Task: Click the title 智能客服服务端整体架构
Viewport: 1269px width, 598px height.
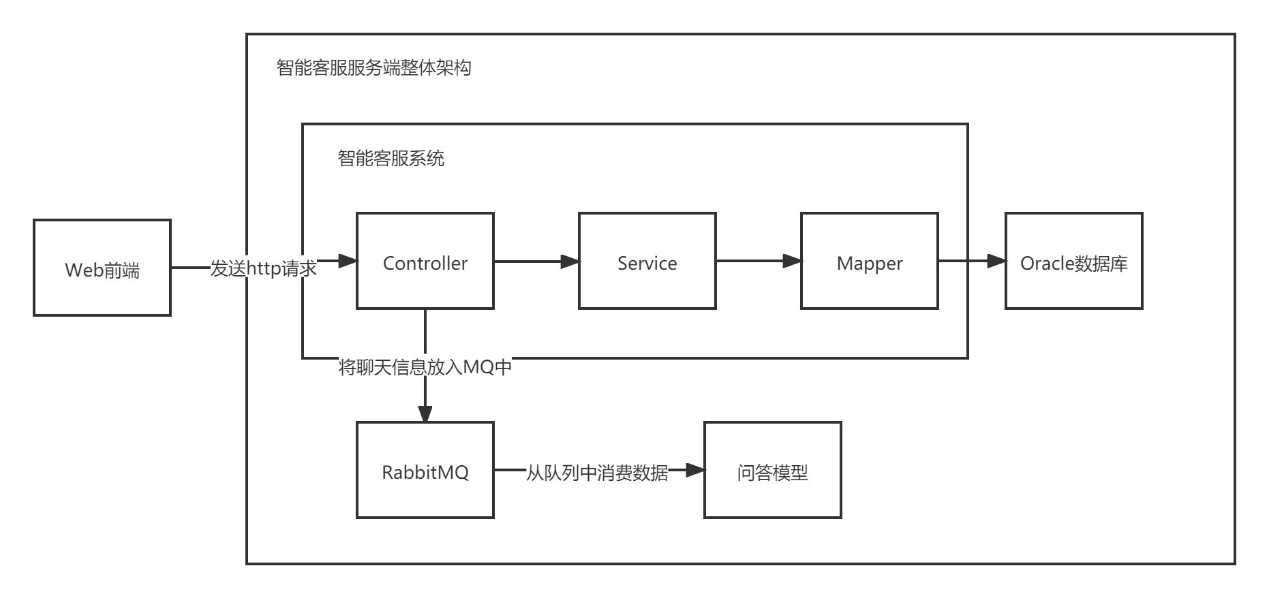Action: pos(373,68)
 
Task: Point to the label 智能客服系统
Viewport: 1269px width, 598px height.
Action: pos(391,159)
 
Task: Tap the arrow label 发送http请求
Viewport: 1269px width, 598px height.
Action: pos(263,268)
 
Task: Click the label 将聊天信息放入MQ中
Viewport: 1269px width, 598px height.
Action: pos(425,368)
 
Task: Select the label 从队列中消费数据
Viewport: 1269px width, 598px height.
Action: pos(597,473)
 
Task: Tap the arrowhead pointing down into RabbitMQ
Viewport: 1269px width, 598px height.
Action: pos(425,413)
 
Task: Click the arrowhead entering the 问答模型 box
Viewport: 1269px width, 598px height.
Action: pos(695,470)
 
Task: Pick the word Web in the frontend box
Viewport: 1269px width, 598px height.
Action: pos(80,270)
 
